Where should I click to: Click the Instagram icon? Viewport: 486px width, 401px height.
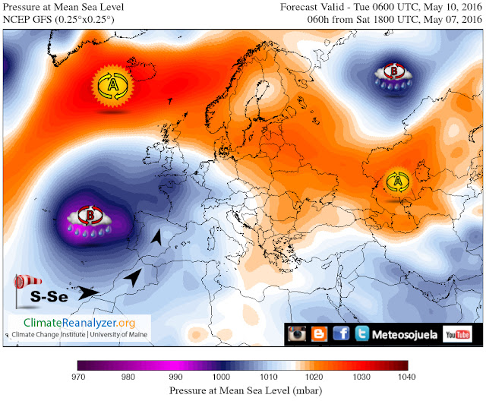coord(297,333)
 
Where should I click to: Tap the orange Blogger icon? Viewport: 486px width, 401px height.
coord(319,333)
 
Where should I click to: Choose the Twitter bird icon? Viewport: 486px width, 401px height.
coord(362,333)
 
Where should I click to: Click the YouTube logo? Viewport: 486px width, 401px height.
coord(455,333)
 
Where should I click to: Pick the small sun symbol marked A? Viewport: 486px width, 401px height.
coord(397,181)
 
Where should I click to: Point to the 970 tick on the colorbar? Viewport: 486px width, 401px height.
coord(78,376)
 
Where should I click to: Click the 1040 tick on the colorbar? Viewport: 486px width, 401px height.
coord(408,376)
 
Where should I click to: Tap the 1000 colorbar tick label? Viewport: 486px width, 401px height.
coord(219,376)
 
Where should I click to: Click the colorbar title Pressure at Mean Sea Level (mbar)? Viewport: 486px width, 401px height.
coord(242,390)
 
